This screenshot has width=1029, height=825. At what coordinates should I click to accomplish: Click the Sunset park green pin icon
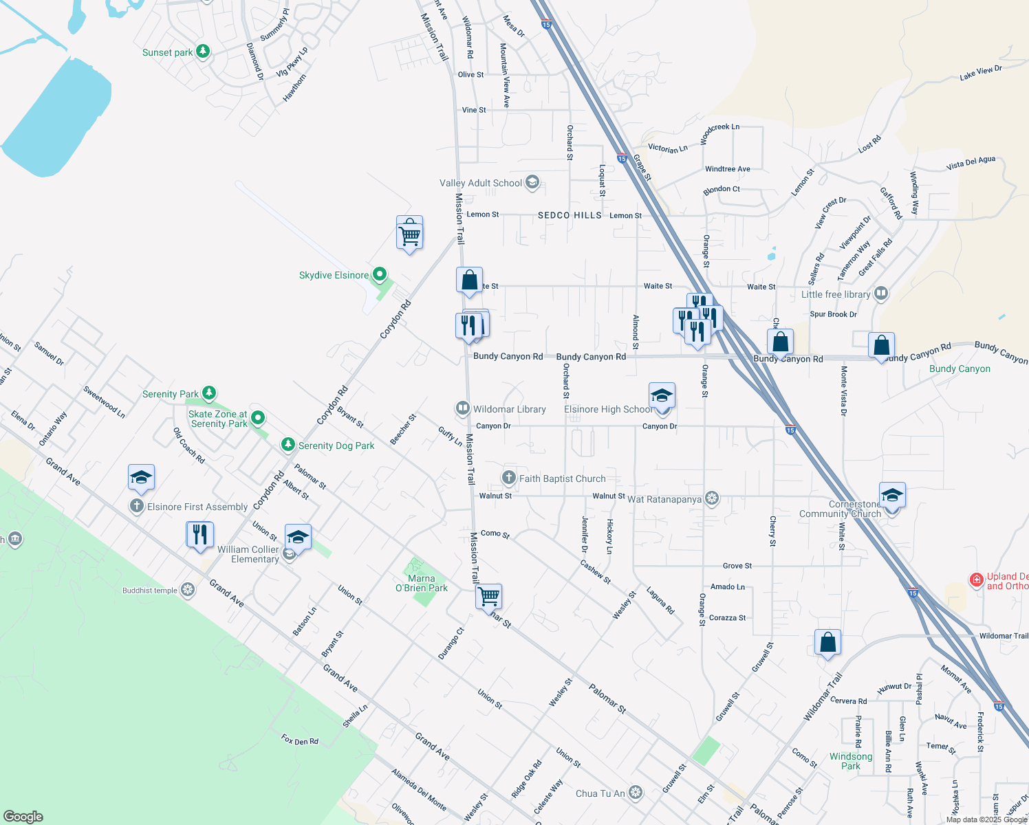202,52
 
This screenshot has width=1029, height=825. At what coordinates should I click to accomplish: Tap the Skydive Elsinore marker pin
378,275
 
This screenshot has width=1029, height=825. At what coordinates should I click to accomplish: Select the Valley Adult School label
481,183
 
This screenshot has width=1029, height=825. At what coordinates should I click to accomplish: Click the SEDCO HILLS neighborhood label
570,215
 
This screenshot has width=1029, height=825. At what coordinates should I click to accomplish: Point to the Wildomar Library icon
463,408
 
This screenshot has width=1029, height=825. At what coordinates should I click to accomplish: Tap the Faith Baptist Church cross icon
508,478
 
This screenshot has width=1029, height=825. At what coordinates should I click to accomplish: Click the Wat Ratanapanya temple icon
712,498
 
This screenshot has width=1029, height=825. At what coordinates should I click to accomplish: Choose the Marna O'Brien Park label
421,583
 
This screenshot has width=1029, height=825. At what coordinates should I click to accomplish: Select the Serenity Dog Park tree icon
288,445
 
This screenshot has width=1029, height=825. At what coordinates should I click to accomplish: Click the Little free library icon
880,294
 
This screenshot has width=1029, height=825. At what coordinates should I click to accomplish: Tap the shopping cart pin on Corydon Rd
409,234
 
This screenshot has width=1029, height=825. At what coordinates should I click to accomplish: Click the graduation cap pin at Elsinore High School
662,397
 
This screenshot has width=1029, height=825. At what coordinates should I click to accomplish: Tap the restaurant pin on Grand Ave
199,534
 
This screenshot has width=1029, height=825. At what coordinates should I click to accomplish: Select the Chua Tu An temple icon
636,793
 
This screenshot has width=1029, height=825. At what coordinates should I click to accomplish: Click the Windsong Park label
851,761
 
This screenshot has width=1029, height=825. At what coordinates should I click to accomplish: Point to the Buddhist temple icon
187,590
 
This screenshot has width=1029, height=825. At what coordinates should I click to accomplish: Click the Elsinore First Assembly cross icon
138,507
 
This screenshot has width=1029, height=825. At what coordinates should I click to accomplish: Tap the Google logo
23,816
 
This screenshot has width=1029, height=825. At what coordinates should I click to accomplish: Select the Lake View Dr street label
981,73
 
